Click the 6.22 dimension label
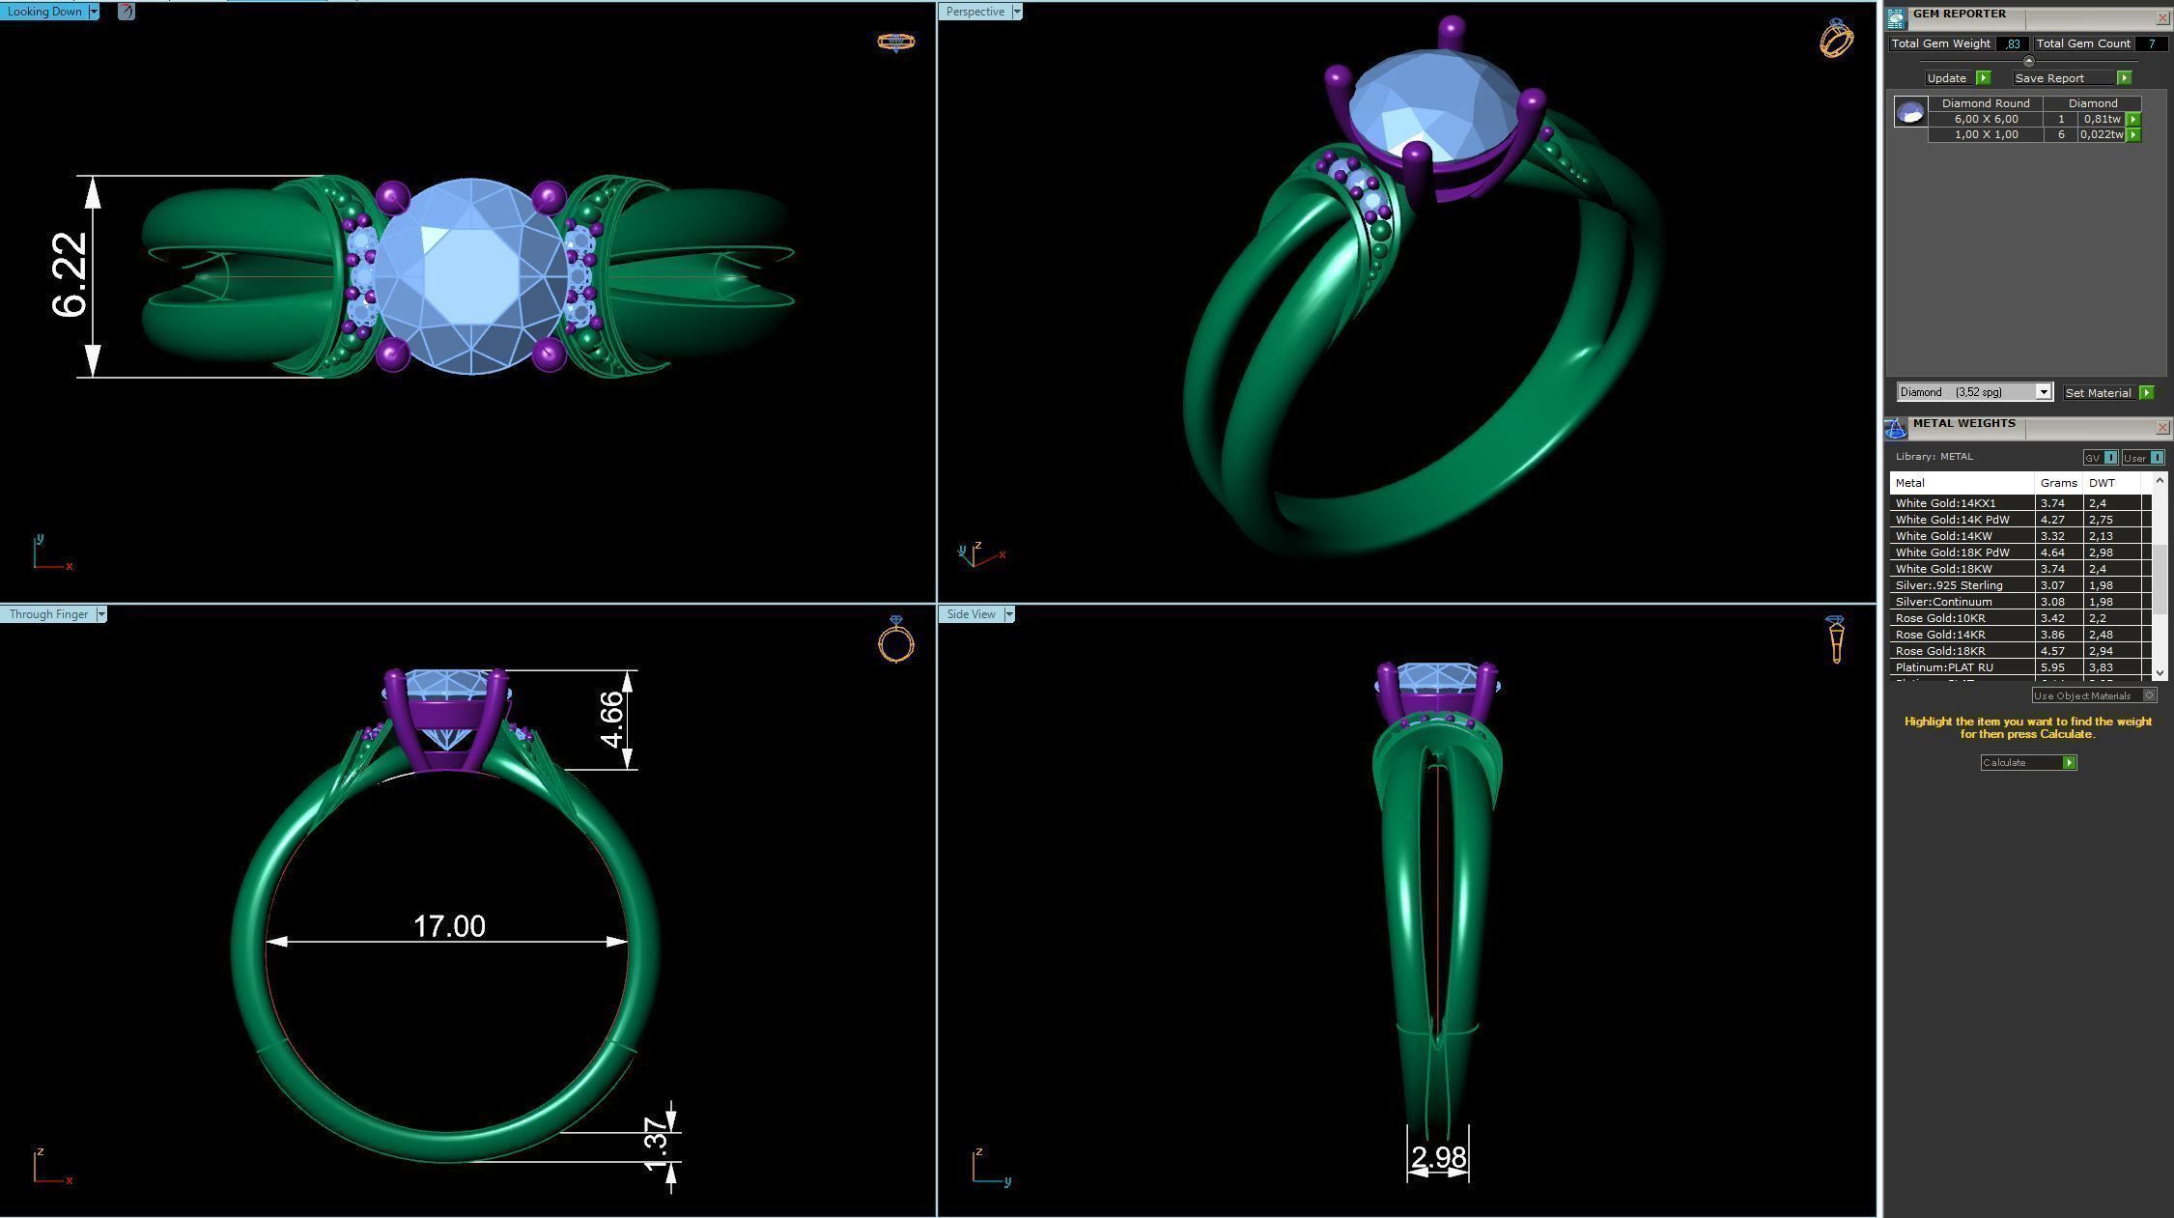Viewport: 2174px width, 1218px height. click(x=70, y=274)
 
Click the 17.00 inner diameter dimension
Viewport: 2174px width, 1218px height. click(x=449, y=926)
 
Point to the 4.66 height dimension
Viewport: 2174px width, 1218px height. click(x=612, y=720)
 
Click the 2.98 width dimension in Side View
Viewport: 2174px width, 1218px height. click(x=1438, y=1156)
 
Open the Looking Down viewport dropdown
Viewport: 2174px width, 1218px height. click(x=94, y=12)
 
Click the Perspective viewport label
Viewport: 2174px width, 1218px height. click(x=974, y=12)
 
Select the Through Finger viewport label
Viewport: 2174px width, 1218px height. click(x=48, y=614)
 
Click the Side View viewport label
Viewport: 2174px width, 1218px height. click(x=971, y=614)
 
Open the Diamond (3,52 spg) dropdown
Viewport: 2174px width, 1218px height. click(x=2043, y=391)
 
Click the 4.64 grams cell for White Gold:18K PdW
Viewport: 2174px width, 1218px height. click(x=2052, y=552)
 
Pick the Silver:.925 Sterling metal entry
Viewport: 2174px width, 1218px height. click(x=1949, y=585)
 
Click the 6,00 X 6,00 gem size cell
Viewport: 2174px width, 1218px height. click(x=1985, y=119)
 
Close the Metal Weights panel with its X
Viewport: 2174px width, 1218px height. click(x=2161, y=427)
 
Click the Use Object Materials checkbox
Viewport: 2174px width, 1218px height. click(x=2149, y=695)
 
